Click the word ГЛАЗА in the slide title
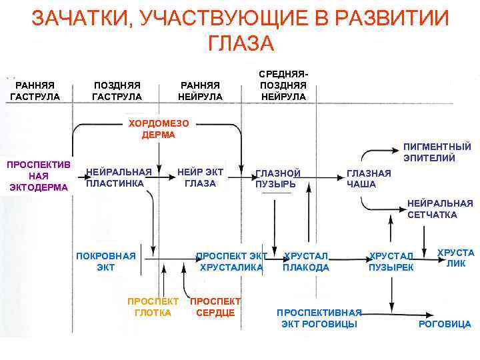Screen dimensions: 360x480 pyautogui.click(x=241, y=43)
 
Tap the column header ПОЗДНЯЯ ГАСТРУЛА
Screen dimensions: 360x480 pyautogui.click(x=117, y=91)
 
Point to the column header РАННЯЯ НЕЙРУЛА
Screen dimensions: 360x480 pyautogui.click(x=200, y=91)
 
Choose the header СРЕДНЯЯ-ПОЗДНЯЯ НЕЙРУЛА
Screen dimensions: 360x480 pyautogui.click(x=283, y=85)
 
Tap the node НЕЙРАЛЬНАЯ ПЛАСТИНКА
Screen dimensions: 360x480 pyautogui.click(x=119, y=178)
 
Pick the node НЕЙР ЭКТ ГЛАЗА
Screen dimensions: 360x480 pyautogui.click(x=201, y=178)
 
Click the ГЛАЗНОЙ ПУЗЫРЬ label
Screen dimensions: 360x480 pyautogui.click(x=278, y=179)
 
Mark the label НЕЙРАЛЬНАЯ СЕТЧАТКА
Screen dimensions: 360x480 pyautogui.click(x=440, y=209)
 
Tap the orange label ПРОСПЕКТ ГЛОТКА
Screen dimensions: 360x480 pyautogui.click(x=153, y=307)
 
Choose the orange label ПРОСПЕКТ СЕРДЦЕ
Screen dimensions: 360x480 pyautogui.click(x=215, y=307)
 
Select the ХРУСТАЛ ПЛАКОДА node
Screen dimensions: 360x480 pyautogui.click(x=306, y=262)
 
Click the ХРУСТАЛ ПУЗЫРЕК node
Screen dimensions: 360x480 pyautogui.click(x=391, y=262)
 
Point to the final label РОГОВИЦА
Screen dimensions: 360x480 pyautogui.click(x=444, y=324)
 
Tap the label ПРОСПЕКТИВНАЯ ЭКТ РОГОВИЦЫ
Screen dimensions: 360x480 pyautogui.click(x=319, y=318)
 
